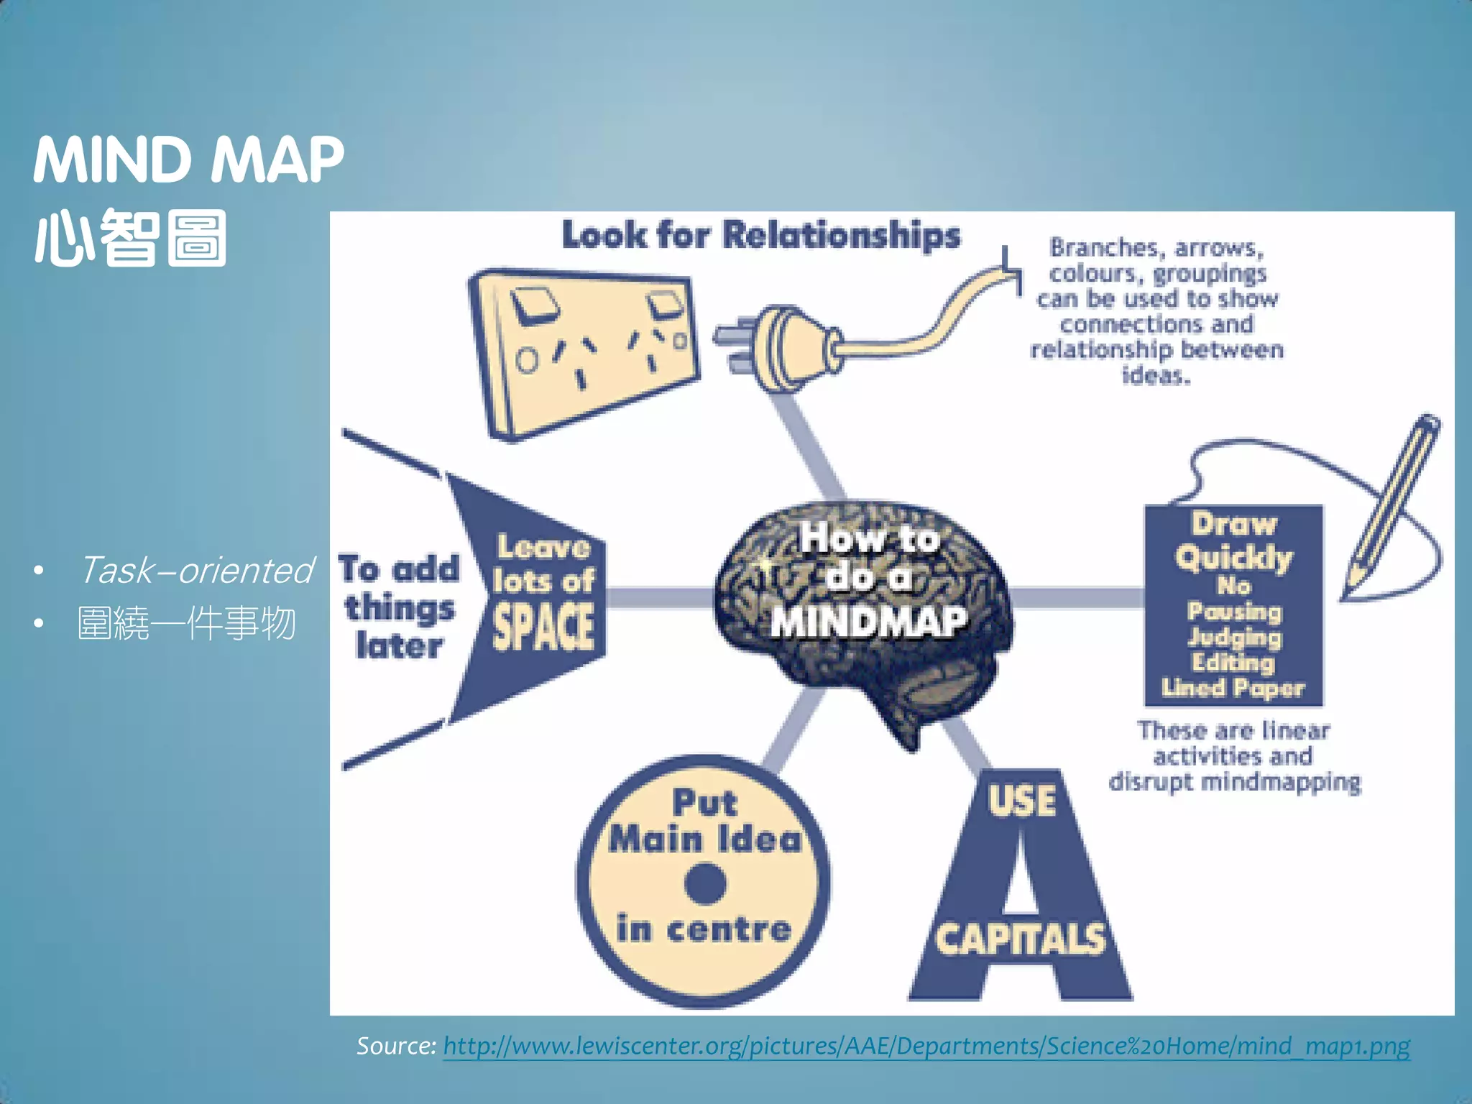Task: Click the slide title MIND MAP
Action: [x=188, y=160]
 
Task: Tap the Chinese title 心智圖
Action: [x=131, y=238]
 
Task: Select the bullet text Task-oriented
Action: [x=196, y=571]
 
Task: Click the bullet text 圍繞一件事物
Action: [x=187, y=623]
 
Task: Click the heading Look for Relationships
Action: [x=760, y=235]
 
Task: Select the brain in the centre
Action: [x=862, y=611]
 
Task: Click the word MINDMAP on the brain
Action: [x=868, y=622]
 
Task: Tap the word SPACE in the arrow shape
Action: [x=543, y=627]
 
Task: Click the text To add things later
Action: [x=400, y=607]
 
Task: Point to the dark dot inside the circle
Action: [x=705, y=883]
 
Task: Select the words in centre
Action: [x=704, y=929]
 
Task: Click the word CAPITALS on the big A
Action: [x=1021, y=939]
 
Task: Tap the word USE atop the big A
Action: [x=1022, y=800]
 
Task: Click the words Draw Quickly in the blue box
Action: [x=1233, y=540]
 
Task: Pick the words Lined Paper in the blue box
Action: [x=1233, y=689]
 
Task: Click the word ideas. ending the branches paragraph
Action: [x=1156, y=375]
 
